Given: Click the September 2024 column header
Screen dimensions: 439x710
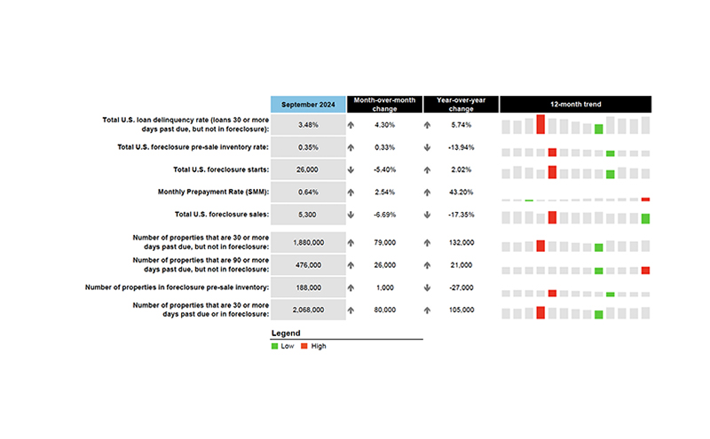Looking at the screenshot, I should coord(308,104).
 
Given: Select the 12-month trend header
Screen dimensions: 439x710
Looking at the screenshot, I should coord(575,104).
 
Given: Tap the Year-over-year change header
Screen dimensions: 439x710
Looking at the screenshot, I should coord(461,104).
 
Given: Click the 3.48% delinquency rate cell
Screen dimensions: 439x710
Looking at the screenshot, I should coord(308,125).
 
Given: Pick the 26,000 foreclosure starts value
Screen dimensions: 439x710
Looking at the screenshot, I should coord(308,169).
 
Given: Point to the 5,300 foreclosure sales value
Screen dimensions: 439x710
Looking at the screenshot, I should coord(308,215).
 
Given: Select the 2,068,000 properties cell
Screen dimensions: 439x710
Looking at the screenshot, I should coord(308,310).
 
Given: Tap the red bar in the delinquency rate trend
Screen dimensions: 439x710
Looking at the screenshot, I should coord(540,124).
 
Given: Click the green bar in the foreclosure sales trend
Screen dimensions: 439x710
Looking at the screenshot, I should coord(645,218).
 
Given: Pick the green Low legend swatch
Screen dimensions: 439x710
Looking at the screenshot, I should coord(275,346).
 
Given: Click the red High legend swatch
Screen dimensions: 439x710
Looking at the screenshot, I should coord(305,346).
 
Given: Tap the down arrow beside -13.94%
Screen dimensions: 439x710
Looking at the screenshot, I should coord(428,147).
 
